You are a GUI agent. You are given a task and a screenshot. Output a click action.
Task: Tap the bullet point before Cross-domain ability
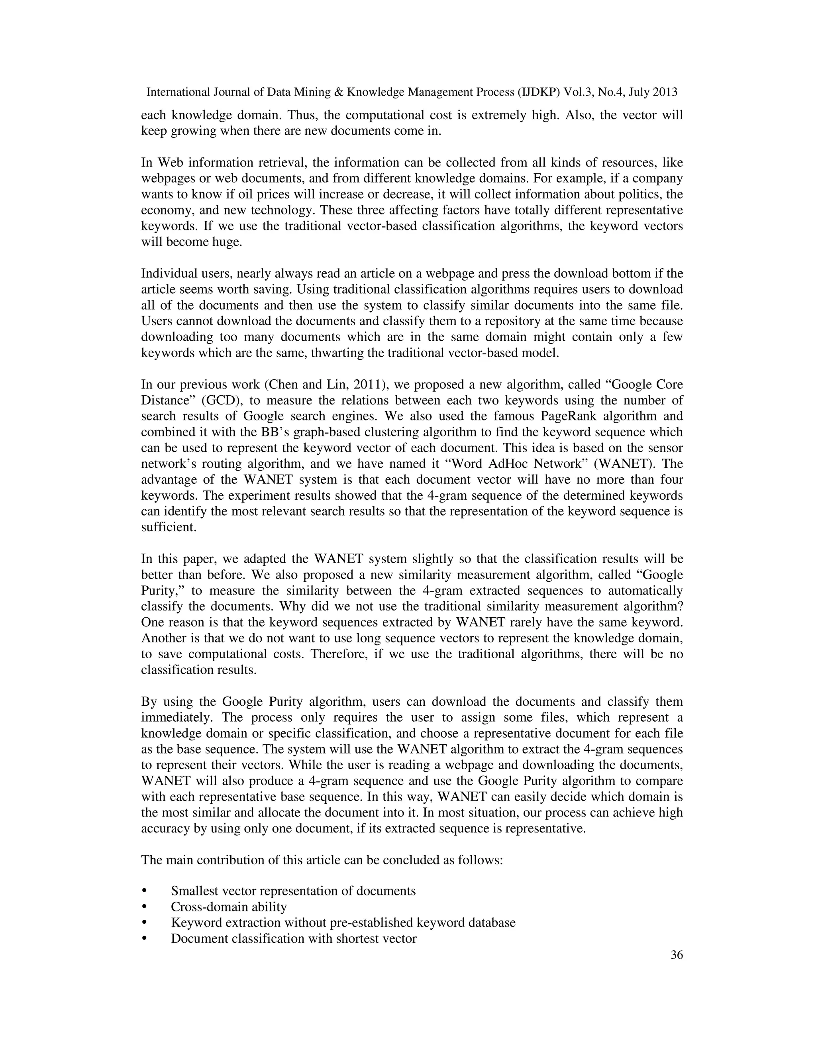[x=144, y=907]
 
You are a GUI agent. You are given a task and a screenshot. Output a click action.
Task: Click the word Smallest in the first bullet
[x=194, y=891]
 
